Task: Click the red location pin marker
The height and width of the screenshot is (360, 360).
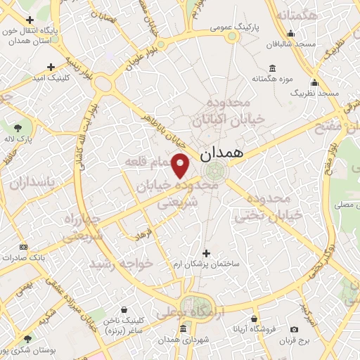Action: pyautogui.click(x=181, y=165)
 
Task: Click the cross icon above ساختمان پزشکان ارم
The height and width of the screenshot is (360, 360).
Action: pyautogui.click(x=206, y=252)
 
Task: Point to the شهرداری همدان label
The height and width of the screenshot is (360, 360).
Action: pyautogui.click(x=183, y=338)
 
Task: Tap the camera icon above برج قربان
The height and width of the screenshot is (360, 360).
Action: pyautogui.click(x=294, y=330)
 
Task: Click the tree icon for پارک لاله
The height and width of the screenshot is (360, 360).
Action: pyautogui.click(x=18, y=127)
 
